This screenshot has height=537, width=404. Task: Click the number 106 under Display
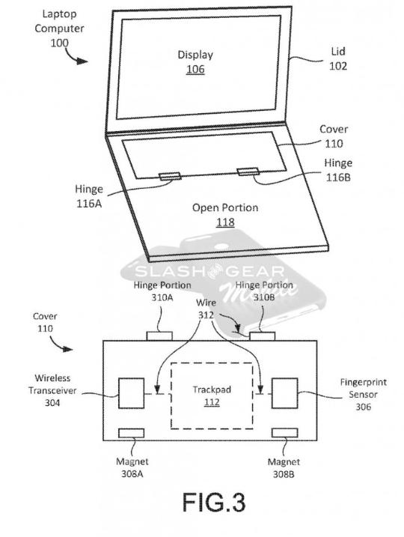tap(195, 70)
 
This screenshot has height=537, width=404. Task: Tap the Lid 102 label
tap(338, 58)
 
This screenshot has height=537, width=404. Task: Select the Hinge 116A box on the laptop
tap(170, 176)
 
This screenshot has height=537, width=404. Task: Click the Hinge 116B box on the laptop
tap(248, 172)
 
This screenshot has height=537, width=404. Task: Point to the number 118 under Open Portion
tap(225, 222)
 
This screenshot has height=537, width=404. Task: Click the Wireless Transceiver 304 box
tap(131, 393)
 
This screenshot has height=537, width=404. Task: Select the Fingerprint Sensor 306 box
tap(284, 393)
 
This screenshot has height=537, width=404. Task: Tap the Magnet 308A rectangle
tap(131, 433)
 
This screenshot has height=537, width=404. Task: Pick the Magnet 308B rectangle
tap(284, 433)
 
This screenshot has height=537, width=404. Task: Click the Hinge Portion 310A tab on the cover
tap(159, 336)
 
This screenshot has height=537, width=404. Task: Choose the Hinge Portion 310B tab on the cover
tap(263, 336)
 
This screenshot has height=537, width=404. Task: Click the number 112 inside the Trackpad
tap(212, 402)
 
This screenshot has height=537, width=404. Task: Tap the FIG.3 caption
tap(214, 503)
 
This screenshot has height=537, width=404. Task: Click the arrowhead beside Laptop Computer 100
tap(82, 61)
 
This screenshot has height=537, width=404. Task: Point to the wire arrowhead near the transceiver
tap(157, 389)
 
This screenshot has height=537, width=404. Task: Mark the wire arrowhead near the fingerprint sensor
tap(260, 389)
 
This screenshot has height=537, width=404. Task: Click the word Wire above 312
tap(206, 303)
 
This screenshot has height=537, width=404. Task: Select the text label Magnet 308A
tap(132, 467)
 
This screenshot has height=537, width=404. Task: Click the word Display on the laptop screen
tap(195, 55)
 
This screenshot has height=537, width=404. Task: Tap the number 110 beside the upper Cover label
tap(334, 144)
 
